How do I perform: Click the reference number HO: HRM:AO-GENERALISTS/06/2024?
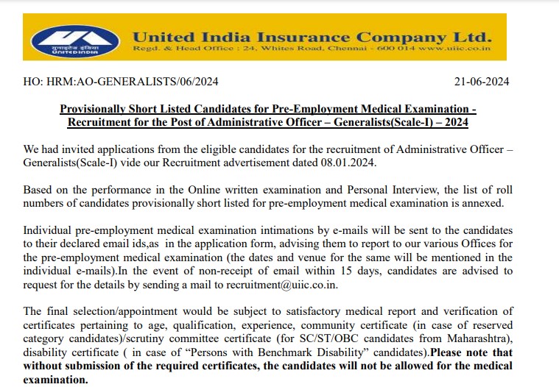pos(121,82)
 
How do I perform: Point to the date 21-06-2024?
pos(482,82)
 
